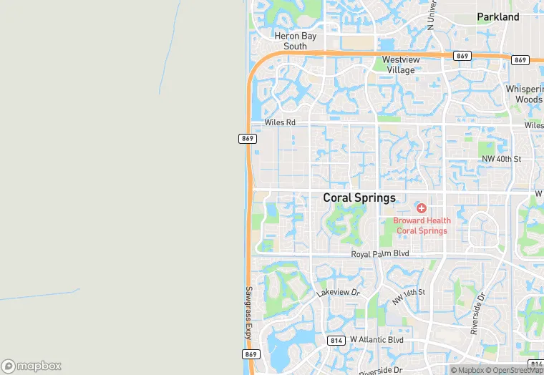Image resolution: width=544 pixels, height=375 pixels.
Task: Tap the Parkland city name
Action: [x=498, y=16]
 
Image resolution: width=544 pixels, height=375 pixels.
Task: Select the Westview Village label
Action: [x=399, y=64]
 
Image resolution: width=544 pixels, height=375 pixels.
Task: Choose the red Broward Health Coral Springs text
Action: [x=422, y=225]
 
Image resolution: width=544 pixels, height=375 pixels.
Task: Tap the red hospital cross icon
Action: [x=422, y=208]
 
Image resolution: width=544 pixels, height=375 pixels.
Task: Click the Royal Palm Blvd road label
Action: [x=379, y=254]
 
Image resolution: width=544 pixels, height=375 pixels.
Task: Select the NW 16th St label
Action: [x=408, y=293]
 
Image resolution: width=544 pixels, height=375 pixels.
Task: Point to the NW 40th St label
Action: [x=501, y=158]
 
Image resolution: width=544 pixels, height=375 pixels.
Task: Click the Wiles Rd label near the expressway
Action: [x=280, y=122]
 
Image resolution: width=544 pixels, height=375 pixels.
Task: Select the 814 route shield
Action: [x=337, y=340]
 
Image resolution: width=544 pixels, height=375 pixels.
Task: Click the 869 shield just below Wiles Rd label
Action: [x=248, y=139]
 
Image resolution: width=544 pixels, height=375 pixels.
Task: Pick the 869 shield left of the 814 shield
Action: [x=251, y=354]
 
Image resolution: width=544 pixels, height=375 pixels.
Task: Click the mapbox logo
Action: [x=31, y=365]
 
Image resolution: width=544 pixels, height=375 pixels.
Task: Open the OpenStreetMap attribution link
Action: [x=513, y=370]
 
